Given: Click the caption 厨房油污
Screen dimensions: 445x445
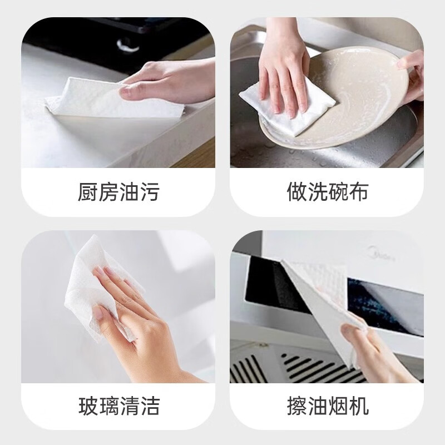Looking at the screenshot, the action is [x=118, y=191].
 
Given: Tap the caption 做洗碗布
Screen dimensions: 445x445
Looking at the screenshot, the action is [x=327, y=191].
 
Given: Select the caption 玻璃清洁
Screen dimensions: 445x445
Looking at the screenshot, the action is [x=118, y=406].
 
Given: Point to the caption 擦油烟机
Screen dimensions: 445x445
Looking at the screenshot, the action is [x=328, y=406].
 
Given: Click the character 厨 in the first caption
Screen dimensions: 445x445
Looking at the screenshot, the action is [x=87, y=191].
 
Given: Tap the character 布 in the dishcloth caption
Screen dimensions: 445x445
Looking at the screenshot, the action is [x=358, y=191].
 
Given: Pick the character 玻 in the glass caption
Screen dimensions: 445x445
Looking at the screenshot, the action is [x=88, y=406].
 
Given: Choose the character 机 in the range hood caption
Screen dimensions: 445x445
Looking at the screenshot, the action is [x=359, y=406].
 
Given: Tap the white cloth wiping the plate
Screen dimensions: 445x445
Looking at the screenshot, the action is [x=286, y=108].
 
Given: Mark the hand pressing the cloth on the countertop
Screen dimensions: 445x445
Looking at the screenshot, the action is [x=167, y=82].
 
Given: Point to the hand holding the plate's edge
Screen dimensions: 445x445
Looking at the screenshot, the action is [x=411, y=75].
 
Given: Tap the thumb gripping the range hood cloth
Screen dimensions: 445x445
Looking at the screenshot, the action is [x=353, y=333].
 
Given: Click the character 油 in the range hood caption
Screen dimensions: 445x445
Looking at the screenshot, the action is [x=317, y=406].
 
